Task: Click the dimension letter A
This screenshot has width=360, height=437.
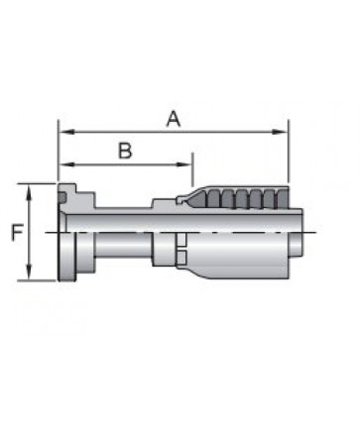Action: [x=174, y=119]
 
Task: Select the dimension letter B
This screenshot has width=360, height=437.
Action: [x=125, y=151]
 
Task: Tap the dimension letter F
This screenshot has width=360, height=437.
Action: [x=17, y=232]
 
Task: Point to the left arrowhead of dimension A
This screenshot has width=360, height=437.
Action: [x=65, y=132]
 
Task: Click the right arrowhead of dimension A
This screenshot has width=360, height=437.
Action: [x=280, y=132]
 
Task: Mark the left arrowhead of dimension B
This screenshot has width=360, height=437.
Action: [x=65, y=164]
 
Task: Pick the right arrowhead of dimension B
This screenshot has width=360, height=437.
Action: [x=184, y=164]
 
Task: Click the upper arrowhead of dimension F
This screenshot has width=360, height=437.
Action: [x=29, y=191]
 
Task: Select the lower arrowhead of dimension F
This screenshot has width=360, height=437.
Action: [x=29, y=272]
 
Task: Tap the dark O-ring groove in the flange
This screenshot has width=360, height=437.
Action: [x=62, y=197]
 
